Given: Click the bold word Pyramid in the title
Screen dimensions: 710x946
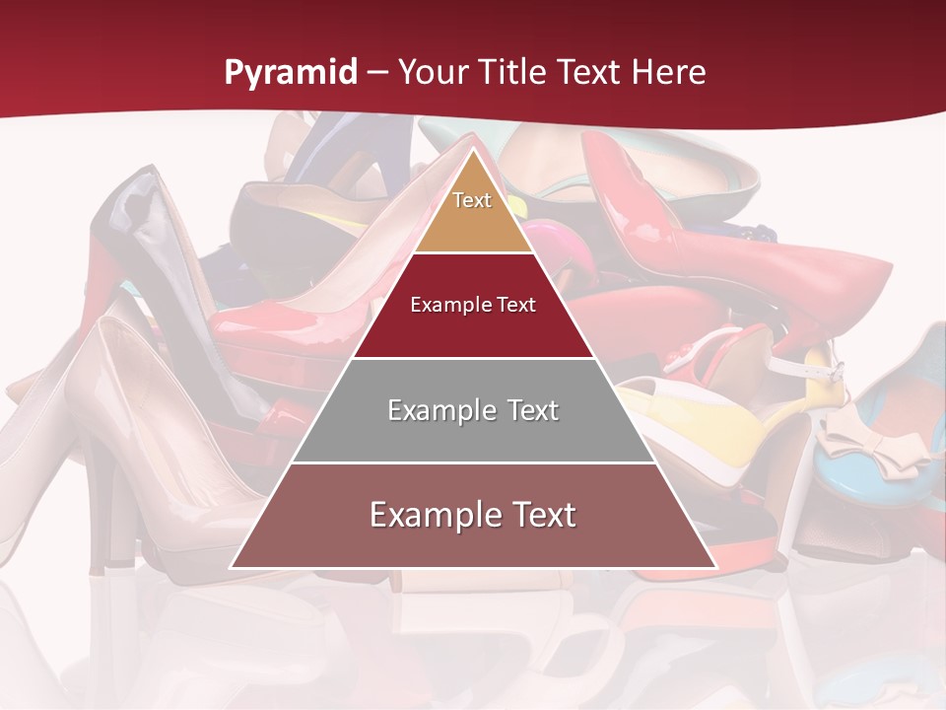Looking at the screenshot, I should click(x=290, y=73).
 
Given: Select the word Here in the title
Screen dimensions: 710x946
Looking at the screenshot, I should click(x=668, y=73).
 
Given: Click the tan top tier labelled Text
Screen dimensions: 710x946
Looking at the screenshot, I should click(x=472, y=212).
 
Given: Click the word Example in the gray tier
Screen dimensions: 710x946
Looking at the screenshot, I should click(x=439, y=410).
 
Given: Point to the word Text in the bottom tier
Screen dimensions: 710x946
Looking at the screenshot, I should click(x=538, y=515).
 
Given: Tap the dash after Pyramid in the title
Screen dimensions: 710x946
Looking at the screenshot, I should click(x=376, y=73).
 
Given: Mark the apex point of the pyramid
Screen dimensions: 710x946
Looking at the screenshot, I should click(x=473, y=150).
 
